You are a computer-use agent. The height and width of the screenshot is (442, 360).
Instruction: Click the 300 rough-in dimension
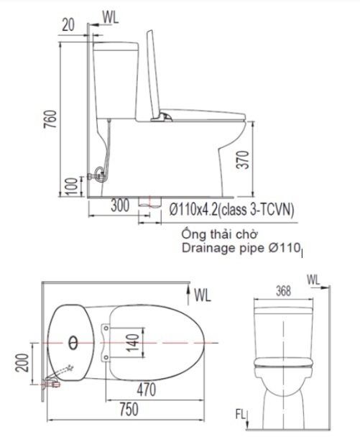coord(120,206)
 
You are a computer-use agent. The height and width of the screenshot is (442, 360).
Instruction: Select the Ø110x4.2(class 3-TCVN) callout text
coord(230,208)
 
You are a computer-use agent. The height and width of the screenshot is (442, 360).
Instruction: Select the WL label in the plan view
coord(202,294)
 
